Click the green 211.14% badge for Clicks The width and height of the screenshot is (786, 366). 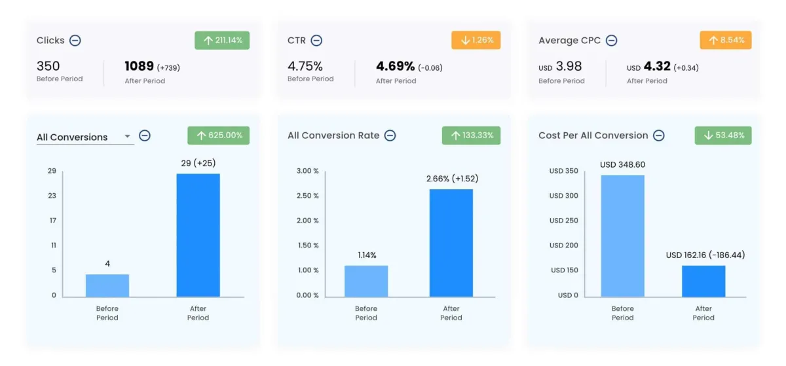222,41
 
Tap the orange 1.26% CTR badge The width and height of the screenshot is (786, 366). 476,41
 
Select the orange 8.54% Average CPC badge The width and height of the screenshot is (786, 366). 725,41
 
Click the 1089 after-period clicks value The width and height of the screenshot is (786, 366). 140,66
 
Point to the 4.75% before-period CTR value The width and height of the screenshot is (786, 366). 305,66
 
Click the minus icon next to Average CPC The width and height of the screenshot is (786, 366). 611,41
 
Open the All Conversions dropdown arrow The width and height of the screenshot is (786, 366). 128,137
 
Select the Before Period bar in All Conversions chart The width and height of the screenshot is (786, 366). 107,285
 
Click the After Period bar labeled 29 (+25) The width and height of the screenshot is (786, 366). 198,235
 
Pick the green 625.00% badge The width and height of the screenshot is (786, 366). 218,136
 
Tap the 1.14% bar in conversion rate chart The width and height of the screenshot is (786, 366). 366,281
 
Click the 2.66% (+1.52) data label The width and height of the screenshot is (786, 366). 451,179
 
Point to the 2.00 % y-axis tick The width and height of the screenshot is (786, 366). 307,221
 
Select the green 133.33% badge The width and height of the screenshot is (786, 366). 471,136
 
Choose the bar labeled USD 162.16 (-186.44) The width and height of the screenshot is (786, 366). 703,281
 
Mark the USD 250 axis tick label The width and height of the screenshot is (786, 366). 563,221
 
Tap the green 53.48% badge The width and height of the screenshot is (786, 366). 723,136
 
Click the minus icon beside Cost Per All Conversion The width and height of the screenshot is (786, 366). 659,136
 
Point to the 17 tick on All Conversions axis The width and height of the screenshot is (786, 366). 52,221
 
